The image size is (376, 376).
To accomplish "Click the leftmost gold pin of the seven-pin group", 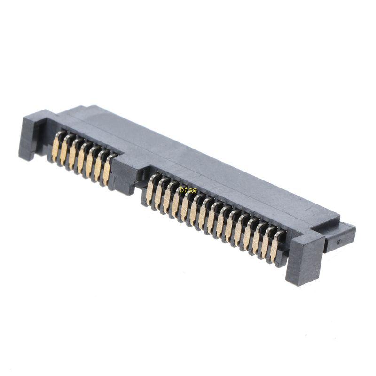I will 56,147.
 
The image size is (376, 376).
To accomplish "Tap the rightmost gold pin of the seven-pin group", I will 108,169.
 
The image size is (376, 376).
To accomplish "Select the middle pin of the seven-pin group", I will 81,158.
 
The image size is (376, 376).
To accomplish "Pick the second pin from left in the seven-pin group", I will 64,151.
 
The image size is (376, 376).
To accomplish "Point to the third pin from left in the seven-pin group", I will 73,155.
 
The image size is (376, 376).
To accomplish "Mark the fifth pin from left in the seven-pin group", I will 90,162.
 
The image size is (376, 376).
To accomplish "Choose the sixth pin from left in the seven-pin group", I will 99,165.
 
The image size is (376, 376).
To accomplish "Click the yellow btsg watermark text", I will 188,190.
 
